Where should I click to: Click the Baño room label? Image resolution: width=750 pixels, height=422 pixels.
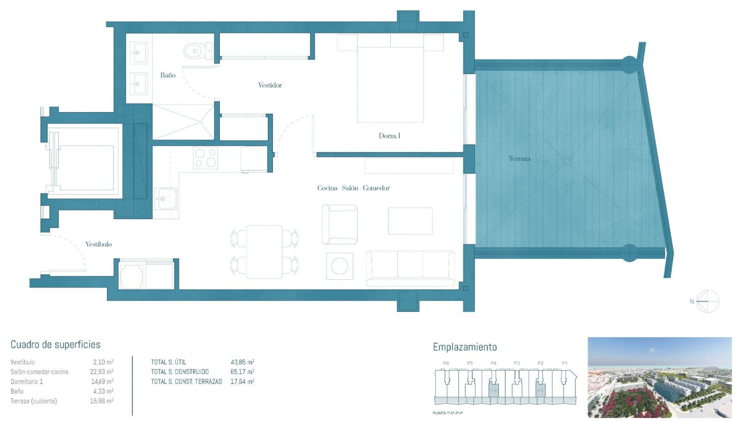coord(168,75)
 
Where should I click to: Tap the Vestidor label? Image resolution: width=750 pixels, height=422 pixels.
coord(270,85)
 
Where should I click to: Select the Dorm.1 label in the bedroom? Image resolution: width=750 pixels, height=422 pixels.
coord(389,136)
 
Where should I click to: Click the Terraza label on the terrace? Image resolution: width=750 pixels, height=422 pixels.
coord(519,158)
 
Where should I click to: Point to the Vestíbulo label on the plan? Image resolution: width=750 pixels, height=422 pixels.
coord(98,244)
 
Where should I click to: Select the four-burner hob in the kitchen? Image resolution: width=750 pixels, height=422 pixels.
coord(206,158)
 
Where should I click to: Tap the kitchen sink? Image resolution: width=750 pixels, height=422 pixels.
coord(166,198)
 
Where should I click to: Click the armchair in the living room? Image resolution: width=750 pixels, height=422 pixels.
coord(339,225)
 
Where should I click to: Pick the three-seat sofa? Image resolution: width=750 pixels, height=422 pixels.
coord(410,268)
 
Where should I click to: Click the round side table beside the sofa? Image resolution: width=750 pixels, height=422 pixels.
coord(339,266)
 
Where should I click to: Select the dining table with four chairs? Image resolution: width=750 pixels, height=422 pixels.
coord(264,252)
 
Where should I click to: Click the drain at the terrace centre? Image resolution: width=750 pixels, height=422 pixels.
coord(566,161)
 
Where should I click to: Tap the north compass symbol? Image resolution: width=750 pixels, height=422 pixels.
coord(707,301)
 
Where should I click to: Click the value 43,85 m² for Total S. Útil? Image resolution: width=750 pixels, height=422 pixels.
coord(242,362)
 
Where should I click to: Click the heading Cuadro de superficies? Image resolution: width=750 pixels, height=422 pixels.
coord(55,345)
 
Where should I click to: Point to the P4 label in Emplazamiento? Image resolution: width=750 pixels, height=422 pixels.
coord(493,363)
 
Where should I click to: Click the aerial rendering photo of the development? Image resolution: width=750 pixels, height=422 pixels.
coord(659,377)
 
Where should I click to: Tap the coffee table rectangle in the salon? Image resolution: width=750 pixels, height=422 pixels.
coord(410,221)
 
